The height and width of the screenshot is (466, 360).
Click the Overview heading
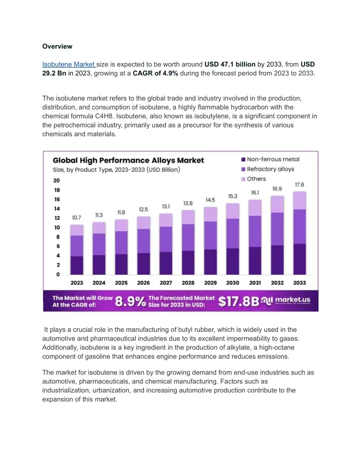[x=57, y=47]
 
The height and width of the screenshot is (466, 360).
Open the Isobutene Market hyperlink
[x=68, y=64]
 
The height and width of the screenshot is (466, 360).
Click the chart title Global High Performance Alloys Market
[x=128, y=161]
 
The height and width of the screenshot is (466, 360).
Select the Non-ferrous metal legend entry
[x=270, y=159]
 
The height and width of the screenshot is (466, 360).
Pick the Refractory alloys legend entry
[x=267, y=169]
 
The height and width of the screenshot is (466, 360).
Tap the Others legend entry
[x=253, y=179]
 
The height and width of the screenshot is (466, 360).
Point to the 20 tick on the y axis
[x=56, y=180]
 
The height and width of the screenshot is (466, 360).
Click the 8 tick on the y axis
[x=58, y=237]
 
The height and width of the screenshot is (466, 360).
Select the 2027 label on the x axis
[x=166, y=283]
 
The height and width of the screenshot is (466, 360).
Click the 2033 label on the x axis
[x=299, y=283]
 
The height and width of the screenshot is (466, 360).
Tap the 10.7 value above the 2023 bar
[x=76, y=218]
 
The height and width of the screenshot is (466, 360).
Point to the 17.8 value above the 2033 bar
[x=299, y=185]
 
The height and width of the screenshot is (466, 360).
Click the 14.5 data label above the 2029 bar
[x=210, y=200]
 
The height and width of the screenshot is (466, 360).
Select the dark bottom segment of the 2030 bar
[x=232, y=261]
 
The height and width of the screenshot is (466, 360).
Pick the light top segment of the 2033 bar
[x=299, y=201]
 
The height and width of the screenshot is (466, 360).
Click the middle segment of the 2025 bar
[x=121, y=243]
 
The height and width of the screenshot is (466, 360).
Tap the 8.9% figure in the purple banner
[x=130, y=301]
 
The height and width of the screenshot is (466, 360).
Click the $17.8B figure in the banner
[x=238, y=301]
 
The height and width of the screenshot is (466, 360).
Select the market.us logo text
[x=292, y=300]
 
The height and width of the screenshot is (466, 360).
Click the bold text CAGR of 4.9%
[x=155, y=73]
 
